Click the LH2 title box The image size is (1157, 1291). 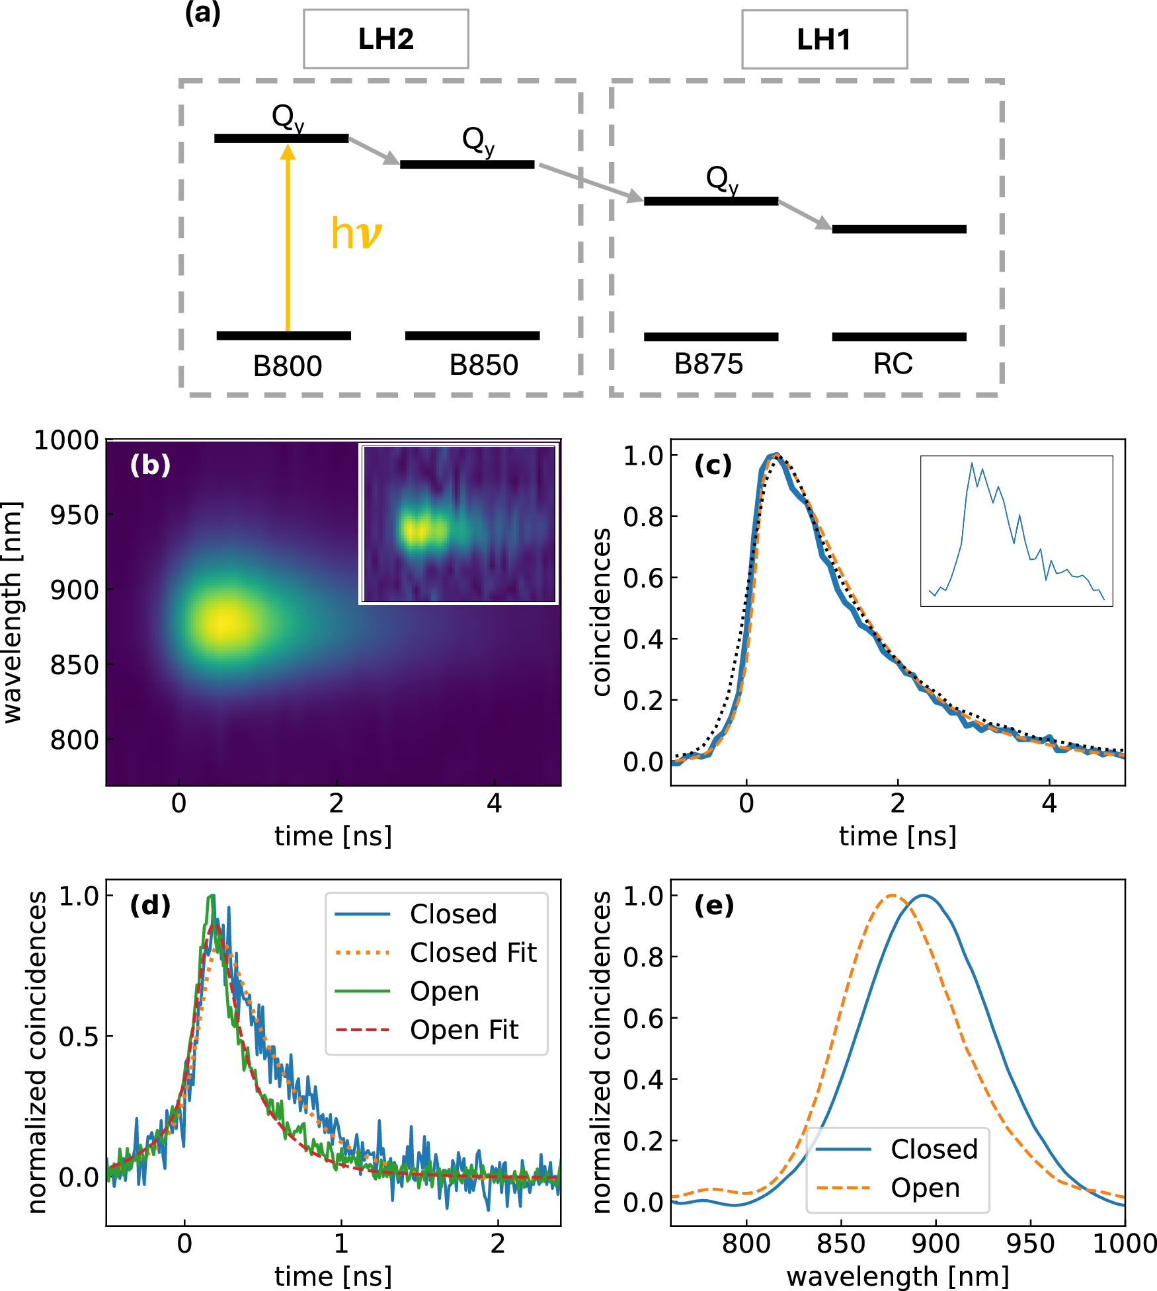(x=386, y=39)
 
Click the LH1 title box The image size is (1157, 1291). (x=824, y=40)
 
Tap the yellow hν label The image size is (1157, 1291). (x=356, y=233)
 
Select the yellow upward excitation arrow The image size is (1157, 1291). (x=288, y=238)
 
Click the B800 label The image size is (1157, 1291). (x=287, y=366)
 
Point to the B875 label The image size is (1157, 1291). (x=708, y=364)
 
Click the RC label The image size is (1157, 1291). (x=893, y=364)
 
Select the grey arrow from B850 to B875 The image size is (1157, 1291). (x=590, y=181)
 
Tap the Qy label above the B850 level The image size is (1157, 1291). (x=477, y=141)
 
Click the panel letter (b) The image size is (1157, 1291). (x=150, y=465)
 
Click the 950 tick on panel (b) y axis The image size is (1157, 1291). (x=75, y=515)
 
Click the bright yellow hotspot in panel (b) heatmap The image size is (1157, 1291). (x=227, y=621)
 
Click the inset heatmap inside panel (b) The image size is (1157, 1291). (x=459, y=524)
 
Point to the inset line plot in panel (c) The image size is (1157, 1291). (x=1016, y=531)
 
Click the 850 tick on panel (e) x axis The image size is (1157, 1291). (x=841, y=1244)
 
